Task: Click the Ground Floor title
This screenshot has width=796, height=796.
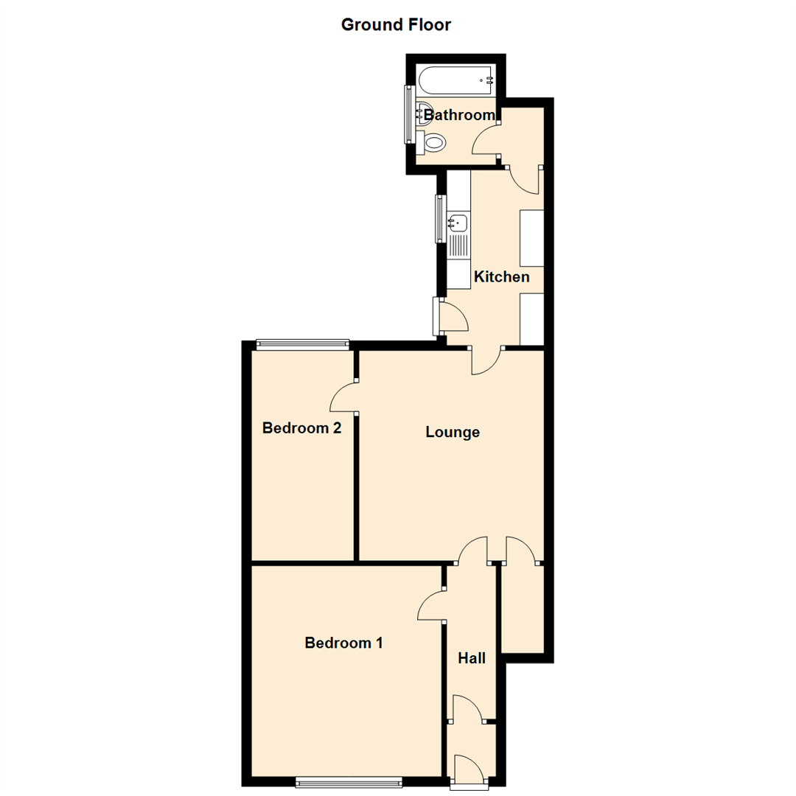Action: tap(396, 24)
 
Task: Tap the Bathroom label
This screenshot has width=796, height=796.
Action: tap(458, 115)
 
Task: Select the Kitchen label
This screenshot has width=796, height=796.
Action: tap(501, 277)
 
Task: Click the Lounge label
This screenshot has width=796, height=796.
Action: tap(453, 432)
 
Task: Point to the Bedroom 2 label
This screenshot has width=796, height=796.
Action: tap(301, 427)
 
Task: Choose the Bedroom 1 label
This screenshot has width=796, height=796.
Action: tap(343, 643)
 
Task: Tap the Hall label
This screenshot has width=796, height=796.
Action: tap(472, 657)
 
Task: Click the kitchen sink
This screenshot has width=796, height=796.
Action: tap(458, 221)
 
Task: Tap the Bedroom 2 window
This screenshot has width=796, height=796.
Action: tap(302, 343)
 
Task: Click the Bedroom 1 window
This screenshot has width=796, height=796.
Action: tap(349, 782)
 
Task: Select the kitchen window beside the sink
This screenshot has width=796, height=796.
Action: tap(440, 218)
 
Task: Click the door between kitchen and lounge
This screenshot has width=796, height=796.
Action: tap(486, 361)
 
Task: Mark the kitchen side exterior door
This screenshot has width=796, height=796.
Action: tap(451, 315)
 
